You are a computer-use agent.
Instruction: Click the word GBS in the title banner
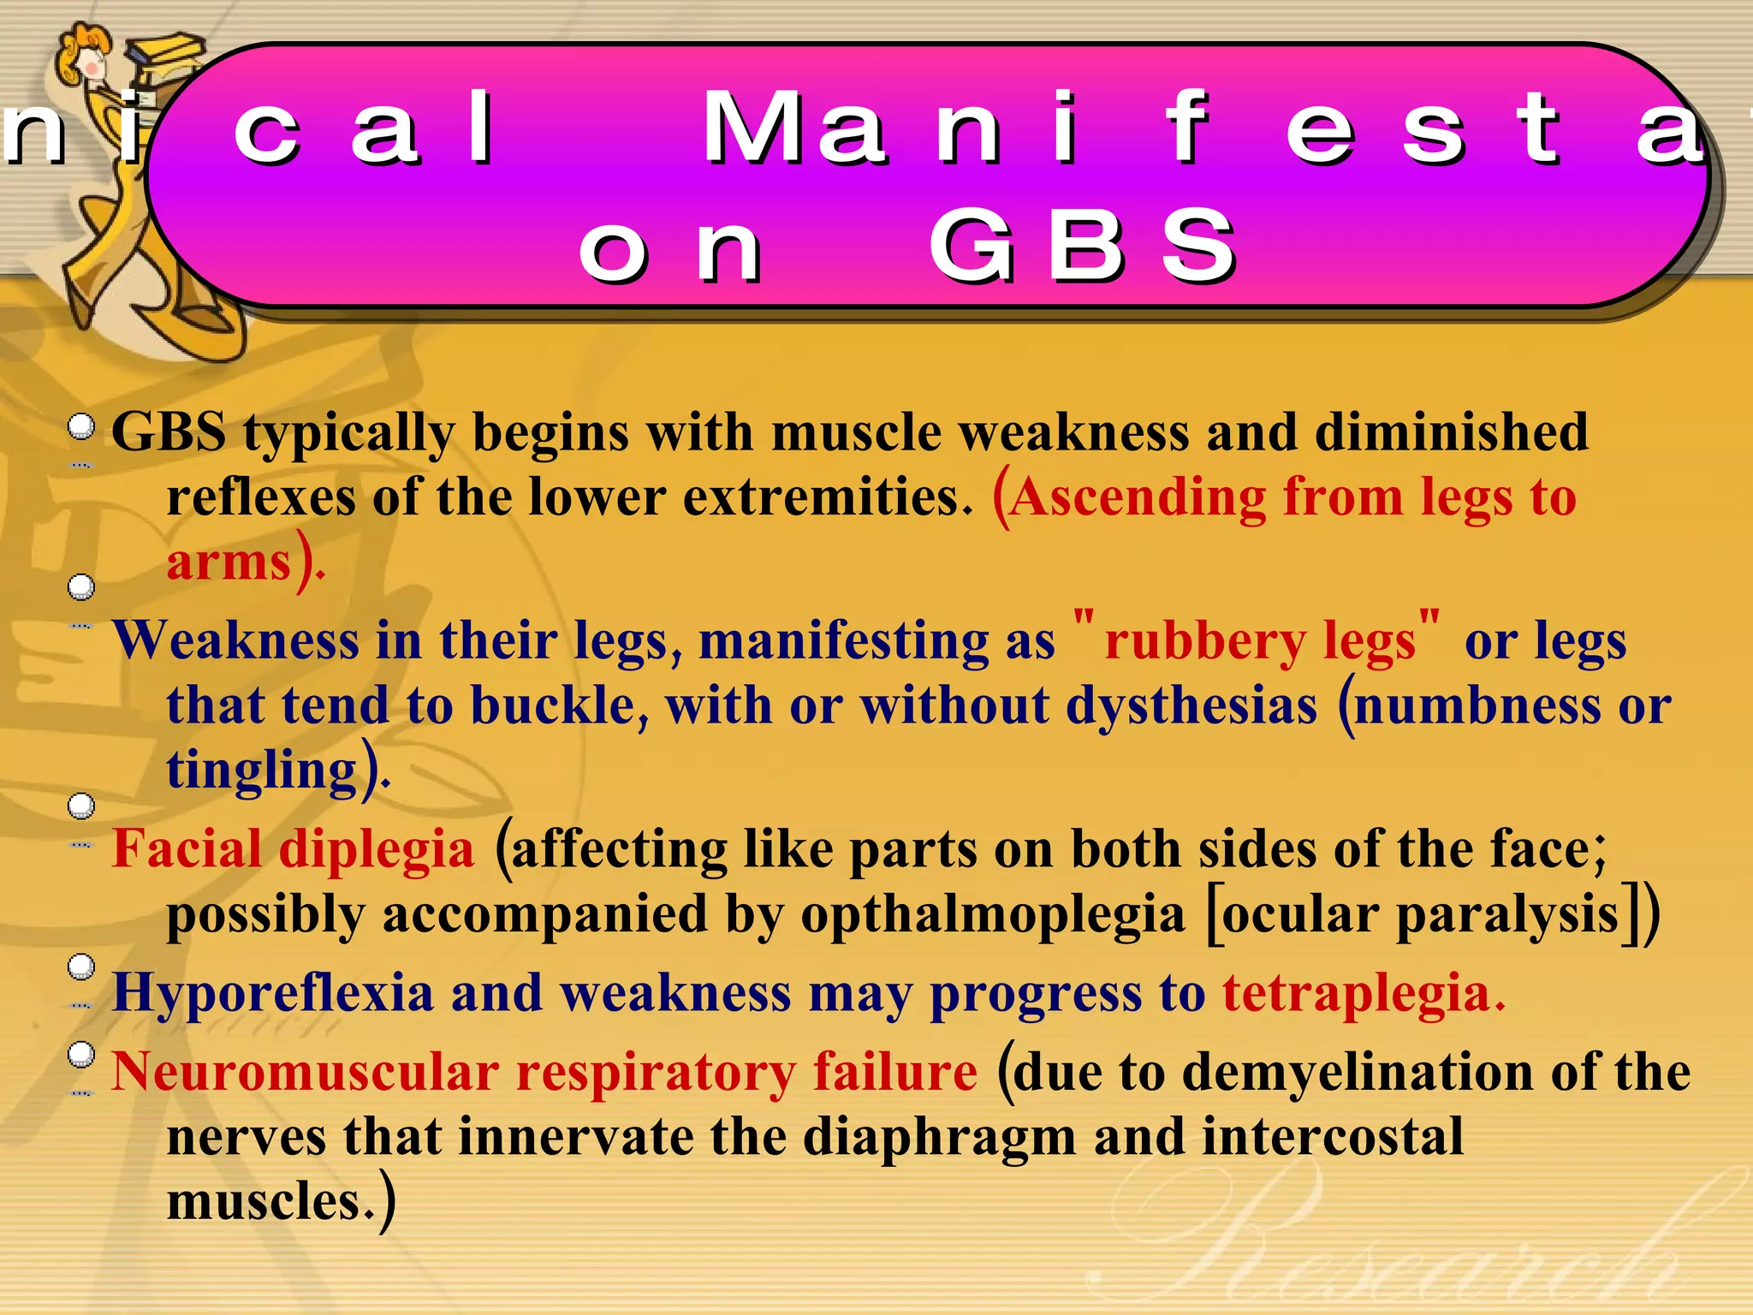coord(1083,246)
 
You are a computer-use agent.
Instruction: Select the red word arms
coord(229,563)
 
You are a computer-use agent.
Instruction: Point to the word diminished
coord(1451,431)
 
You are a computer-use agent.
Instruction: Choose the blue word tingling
coord(261,771)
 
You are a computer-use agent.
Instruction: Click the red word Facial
coord(187,849)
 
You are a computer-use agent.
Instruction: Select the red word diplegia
coord(377,849)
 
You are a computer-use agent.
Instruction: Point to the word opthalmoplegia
coord(992,914)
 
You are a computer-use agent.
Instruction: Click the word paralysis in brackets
coord(1507,914)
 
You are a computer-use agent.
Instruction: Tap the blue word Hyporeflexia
coord(272,994)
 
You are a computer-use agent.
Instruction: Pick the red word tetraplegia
coord(1356,994)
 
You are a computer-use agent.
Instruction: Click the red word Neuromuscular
coord(305,1072)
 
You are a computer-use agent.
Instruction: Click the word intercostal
coord(1332,1138)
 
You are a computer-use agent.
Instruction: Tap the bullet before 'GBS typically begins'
coord(81,425)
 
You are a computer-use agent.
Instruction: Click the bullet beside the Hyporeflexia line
coord(81,967)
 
